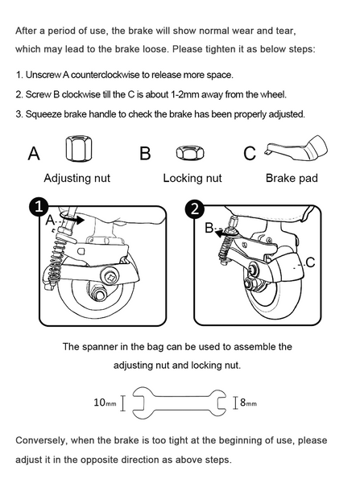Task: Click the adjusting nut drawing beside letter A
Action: point(79,148)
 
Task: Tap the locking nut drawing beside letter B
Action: point(190,152)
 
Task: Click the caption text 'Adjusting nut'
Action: point(77,178)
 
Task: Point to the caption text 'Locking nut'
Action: point(192,178)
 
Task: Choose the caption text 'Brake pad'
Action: point(292,178)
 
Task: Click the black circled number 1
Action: point(39,207)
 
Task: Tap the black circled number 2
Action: point(194,208)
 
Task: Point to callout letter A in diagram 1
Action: point(50,221)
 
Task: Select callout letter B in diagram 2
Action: point(209,228)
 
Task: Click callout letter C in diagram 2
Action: point(310,262)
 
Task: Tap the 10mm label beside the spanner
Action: point(106,402)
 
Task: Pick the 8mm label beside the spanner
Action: point(248,402)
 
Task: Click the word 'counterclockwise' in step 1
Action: point(106,75)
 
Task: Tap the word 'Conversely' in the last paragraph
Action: point(41,440)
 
